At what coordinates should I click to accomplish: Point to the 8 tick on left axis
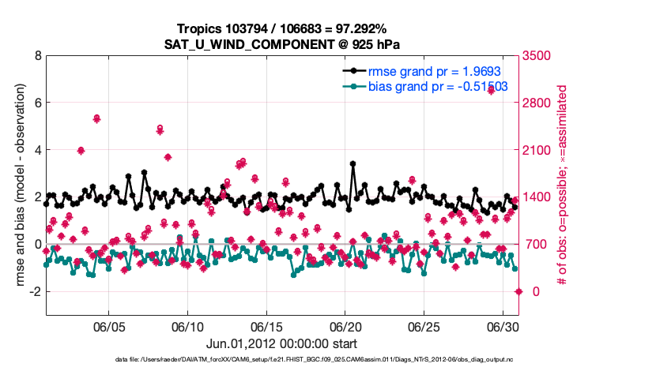pos(36,56)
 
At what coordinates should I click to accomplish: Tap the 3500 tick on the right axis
pos(542,56)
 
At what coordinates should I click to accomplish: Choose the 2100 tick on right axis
pos(542,150)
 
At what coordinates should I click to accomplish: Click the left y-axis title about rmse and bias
pos(17,185)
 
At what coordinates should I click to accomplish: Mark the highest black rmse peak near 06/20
pos(353,164)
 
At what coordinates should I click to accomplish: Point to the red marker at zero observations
pos(518,291)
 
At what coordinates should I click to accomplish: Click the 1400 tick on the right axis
pos(542,197)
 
